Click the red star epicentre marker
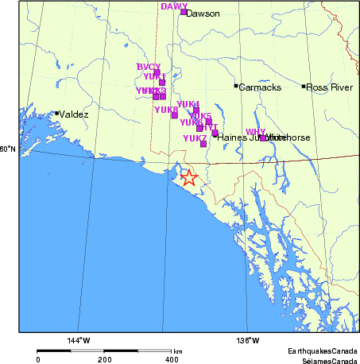coord(189,178)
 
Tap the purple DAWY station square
coord(184,12)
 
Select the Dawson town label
coord(203,14)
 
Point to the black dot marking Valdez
coord(56,113)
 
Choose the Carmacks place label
coord(260,87)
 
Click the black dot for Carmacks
coord(236,86)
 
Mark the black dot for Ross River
coord(304,86)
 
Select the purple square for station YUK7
coord(203,144)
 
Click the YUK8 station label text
coord(166,110)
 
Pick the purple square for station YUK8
coord(174,115)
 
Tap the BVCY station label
coord(149,67)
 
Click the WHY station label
coord(255,131)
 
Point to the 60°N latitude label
coord(8,149)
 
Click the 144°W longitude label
coord(79,341)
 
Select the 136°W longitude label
coord(247,341)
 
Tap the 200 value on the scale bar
coord(105,359)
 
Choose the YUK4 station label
coord(188,105)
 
